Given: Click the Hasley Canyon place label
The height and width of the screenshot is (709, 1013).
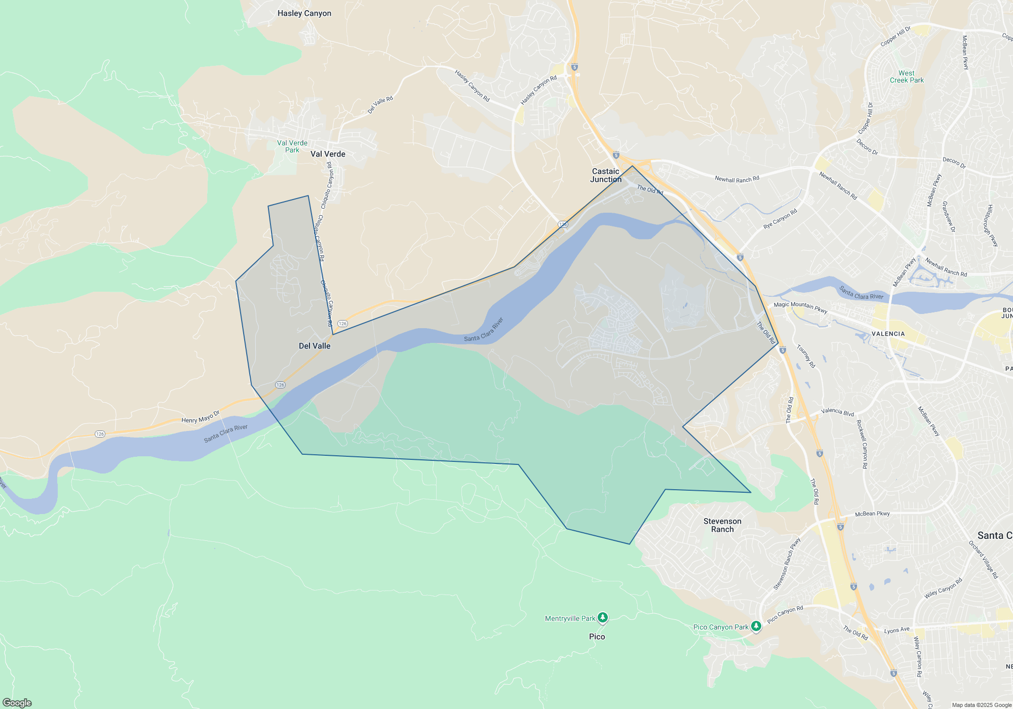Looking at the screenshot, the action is pos(304,14).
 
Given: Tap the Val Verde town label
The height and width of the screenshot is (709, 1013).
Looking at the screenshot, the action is pos(328,154).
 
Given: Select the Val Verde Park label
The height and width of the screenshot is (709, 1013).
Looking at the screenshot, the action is pos(292,146).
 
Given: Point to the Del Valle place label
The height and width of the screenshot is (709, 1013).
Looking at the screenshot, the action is pos(315,346).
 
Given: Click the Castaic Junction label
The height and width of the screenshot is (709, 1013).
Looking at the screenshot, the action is pos(606,175).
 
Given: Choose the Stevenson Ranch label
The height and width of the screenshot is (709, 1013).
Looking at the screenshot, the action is pos(722,525).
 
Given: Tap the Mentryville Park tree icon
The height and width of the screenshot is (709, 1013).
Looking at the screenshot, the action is pos(602,617).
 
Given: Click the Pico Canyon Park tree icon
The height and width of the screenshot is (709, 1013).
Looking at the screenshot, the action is pos(756,626).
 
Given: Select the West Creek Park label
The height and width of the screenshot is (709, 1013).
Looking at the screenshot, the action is pos(907,76).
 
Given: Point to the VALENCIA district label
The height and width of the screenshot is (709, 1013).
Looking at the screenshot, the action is pos(888,334).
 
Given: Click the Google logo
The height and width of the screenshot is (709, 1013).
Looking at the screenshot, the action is pos(17,702).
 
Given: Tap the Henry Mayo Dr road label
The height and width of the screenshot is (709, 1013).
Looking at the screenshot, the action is pos(201,417).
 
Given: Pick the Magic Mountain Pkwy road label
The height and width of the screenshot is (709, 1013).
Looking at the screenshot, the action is pos(800,307).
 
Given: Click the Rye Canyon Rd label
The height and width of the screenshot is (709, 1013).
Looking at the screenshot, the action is pos(780,219).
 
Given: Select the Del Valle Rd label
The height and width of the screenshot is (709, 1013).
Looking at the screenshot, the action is pos(380,105).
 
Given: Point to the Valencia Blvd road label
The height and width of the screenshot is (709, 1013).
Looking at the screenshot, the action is pos(837,412).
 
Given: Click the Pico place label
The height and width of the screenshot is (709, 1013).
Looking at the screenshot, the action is pos(597,637).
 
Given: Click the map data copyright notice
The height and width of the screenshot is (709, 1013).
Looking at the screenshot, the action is pos(981,705).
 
